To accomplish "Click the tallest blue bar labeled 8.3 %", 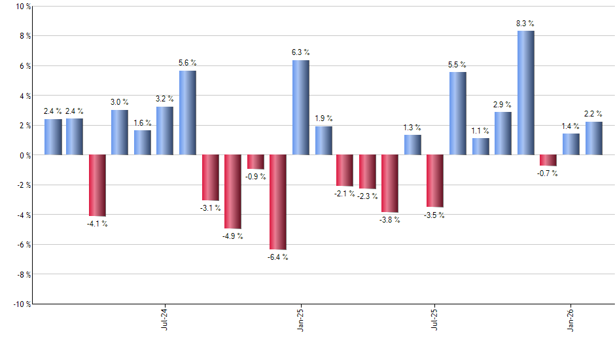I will point(525,93).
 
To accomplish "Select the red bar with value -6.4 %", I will point(278,202).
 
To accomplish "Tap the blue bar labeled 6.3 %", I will point(300,107).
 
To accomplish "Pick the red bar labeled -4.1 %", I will point(97,185).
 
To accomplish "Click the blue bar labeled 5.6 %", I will point(187,113).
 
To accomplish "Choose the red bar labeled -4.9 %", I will point(233,191).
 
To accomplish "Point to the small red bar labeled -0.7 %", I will point(548,160).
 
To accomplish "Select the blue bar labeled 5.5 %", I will point(458,113).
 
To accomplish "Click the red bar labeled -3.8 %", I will point(391,183).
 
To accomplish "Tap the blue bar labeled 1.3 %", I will point(413,145).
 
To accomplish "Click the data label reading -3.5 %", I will point(435,215).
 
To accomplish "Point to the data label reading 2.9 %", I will point(502,105).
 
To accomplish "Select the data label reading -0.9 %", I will point(255,177).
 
